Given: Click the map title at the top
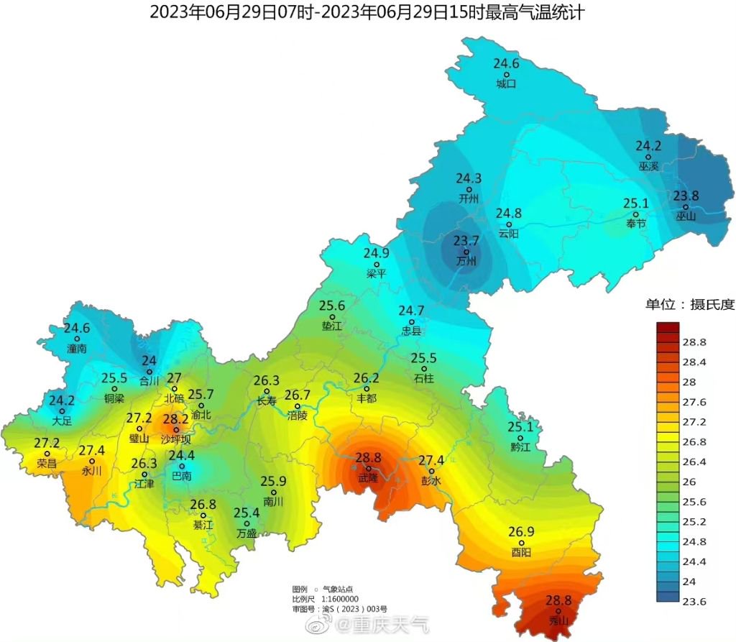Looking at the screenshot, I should point(367,12).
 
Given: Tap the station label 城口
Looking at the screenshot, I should point(506,84).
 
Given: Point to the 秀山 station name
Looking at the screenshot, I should point(558,620).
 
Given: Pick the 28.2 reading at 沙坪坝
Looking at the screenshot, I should point(175,419).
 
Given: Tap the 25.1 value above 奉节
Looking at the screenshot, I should point(636,203).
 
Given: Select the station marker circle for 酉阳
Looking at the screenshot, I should point(522,543).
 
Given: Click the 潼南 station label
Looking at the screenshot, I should point(76,349).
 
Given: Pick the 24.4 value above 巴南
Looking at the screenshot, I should point(182,456).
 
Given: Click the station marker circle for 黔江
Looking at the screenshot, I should point(520,438).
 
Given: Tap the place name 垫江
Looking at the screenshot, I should point(332,326).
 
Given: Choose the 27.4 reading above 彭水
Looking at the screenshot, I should point(431,461).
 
